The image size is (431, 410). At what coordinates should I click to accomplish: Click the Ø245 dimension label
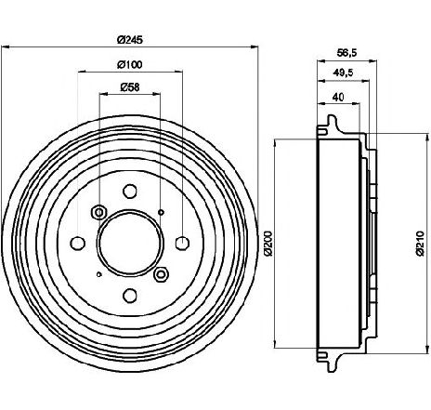(130, 40)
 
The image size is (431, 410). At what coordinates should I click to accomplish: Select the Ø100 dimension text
(130, 64)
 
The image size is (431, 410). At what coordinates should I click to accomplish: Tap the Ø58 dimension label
(130, 87)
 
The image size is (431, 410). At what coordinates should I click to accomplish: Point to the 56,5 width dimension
(346, 53)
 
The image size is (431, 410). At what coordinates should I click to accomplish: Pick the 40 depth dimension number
(338, 98)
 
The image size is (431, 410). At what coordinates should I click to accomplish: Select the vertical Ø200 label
(268, 244)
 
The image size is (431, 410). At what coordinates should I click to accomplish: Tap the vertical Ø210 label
(420, 244)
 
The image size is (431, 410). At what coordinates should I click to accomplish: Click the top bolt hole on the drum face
(130, 191)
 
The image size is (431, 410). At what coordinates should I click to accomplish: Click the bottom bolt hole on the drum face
(130, 296)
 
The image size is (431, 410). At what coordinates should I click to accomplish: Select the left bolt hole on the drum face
(78, 244)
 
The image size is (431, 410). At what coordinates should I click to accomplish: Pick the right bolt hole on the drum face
(182, 244)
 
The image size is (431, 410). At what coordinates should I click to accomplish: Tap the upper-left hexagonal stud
(99, 213)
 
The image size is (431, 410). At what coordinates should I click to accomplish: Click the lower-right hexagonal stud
(161, 274)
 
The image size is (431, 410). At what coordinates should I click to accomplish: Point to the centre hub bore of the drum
(130, 244)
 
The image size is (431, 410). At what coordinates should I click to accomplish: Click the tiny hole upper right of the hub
(161, 212)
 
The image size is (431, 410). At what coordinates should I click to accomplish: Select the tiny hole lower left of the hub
(99, 274)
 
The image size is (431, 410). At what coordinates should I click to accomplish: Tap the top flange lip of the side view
(332, 124)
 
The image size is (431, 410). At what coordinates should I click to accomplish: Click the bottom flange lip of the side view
(332, 362)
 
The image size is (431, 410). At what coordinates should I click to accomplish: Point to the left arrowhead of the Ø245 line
(7, 47)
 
